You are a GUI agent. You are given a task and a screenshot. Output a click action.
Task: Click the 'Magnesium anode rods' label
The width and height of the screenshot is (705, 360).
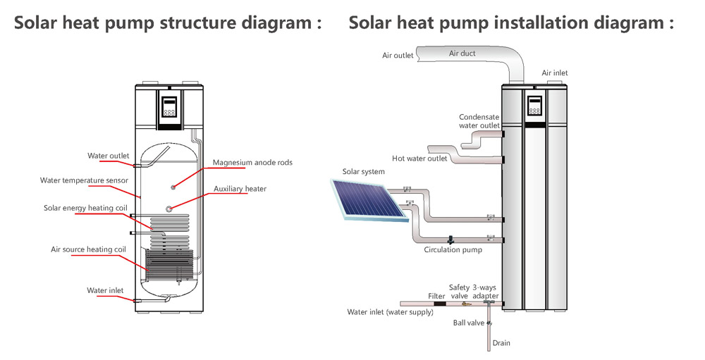pyautogui.click(x=252, y=163)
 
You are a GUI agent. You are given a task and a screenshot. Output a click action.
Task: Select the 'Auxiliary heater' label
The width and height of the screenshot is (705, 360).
pyautogui.click(x=240, y=190)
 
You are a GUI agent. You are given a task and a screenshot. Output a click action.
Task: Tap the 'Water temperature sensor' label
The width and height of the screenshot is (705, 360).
pyautogui.click(x=84, y=180)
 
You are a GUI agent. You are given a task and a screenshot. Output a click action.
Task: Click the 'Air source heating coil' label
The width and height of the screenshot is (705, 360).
pyautogui.click(x=88, y=249)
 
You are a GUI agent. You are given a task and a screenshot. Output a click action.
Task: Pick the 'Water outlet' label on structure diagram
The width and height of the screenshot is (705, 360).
pyautogui.click(x=108, y=156)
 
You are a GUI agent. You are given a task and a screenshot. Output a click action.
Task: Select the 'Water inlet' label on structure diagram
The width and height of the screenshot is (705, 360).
pyautogui.click(x=105, y=290)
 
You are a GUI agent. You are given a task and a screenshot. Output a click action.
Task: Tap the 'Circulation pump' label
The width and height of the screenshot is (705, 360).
pyautogui.click(x=453, y=249)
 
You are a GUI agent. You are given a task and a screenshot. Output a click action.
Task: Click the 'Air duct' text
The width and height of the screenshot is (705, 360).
pyautogui.click(x=462, y=54)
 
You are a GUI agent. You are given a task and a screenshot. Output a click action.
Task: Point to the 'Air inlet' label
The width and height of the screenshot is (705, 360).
pyautogui.click(x=554, y=73)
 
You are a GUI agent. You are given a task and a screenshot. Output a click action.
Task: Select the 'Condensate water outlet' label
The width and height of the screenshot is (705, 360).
pyautogui.click(x=479, y=121)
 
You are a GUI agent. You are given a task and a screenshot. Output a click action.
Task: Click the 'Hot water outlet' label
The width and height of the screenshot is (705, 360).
pyautogui.click(x=419, y=159)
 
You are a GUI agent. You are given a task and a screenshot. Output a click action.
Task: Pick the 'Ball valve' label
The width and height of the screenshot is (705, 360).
pyautogui.click(x=469, y=323)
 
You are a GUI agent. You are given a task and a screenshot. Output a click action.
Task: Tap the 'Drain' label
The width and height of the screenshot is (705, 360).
pyautogui.click(x=501, y=343)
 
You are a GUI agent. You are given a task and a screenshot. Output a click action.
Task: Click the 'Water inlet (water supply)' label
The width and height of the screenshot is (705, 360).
pyautogui.click(x=390, y=312)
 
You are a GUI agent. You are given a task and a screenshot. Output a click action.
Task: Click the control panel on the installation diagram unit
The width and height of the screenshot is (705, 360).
pyautogui.click(x=534, y=106)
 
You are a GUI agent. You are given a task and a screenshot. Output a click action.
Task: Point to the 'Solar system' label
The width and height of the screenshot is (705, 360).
pyautogui.click(x=363, y=172)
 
